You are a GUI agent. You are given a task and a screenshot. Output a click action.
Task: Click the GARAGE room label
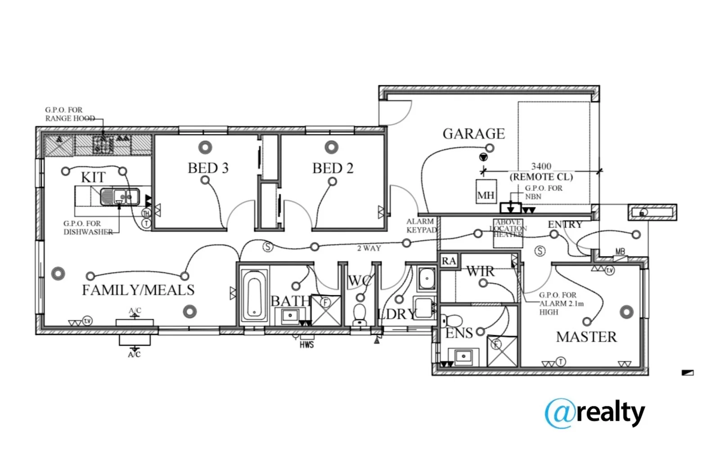point(473,134)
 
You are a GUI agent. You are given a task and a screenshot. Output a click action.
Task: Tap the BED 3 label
point(208,168)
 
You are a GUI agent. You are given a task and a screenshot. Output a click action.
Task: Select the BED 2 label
point(333,168)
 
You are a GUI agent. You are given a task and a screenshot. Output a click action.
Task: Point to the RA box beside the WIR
point(449,261)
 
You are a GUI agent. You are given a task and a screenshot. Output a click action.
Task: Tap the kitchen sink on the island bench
point(120,197)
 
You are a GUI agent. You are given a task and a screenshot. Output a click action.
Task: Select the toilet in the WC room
point(360,313)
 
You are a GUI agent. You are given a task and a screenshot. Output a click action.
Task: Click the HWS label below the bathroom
point(306,345)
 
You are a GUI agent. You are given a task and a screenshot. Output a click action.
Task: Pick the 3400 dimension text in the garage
point(541,166)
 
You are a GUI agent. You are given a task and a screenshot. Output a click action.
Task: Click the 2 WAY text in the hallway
point(369,248)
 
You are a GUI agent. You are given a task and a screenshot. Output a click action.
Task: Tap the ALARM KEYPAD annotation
point(421,225)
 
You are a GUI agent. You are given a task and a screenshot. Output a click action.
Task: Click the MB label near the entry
point(620,252)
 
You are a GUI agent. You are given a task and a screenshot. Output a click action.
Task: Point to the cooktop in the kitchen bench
point(103,144)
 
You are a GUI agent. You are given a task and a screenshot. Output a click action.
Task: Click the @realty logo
point(594,413)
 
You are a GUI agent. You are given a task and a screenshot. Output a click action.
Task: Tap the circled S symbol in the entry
point(540,251)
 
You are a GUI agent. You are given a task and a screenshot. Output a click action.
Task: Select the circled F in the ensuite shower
point(496,344)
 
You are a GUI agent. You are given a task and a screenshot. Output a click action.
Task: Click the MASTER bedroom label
point(586,337)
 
